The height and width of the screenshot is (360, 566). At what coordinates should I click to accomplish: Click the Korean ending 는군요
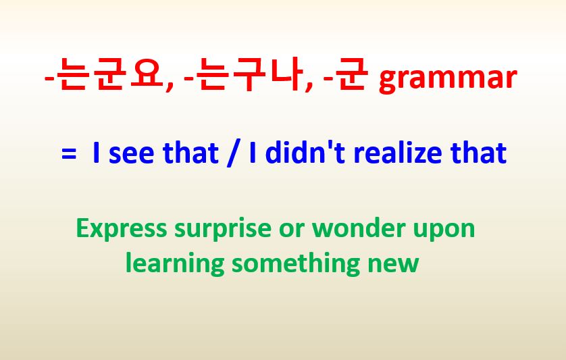[x=109, y=74]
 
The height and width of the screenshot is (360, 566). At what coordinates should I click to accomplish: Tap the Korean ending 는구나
[x=249, y=74]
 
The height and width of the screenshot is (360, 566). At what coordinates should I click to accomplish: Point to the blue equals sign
[x=69, y=153]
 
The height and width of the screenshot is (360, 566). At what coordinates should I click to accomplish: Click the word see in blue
[x=131, y=154]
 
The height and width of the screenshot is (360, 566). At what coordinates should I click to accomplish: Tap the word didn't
[x=305, y=153]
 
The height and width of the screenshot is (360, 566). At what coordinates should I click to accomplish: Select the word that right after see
[x=190, y=153]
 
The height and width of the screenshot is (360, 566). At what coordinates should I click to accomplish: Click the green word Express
[x=122, y=228]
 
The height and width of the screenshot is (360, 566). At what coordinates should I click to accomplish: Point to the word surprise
[x=223, y=229]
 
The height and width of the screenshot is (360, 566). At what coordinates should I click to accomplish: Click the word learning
[x=175, y=263]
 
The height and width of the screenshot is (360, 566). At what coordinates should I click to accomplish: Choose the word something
[x=296, y=263]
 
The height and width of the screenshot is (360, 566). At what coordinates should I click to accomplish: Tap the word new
[x=393, y=265]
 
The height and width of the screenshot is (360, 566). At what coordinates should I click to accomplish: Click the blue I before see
[x=96, y=153]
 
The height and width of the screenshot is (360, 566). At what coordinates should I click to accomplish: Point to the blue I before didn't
[x=253, y=153]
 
